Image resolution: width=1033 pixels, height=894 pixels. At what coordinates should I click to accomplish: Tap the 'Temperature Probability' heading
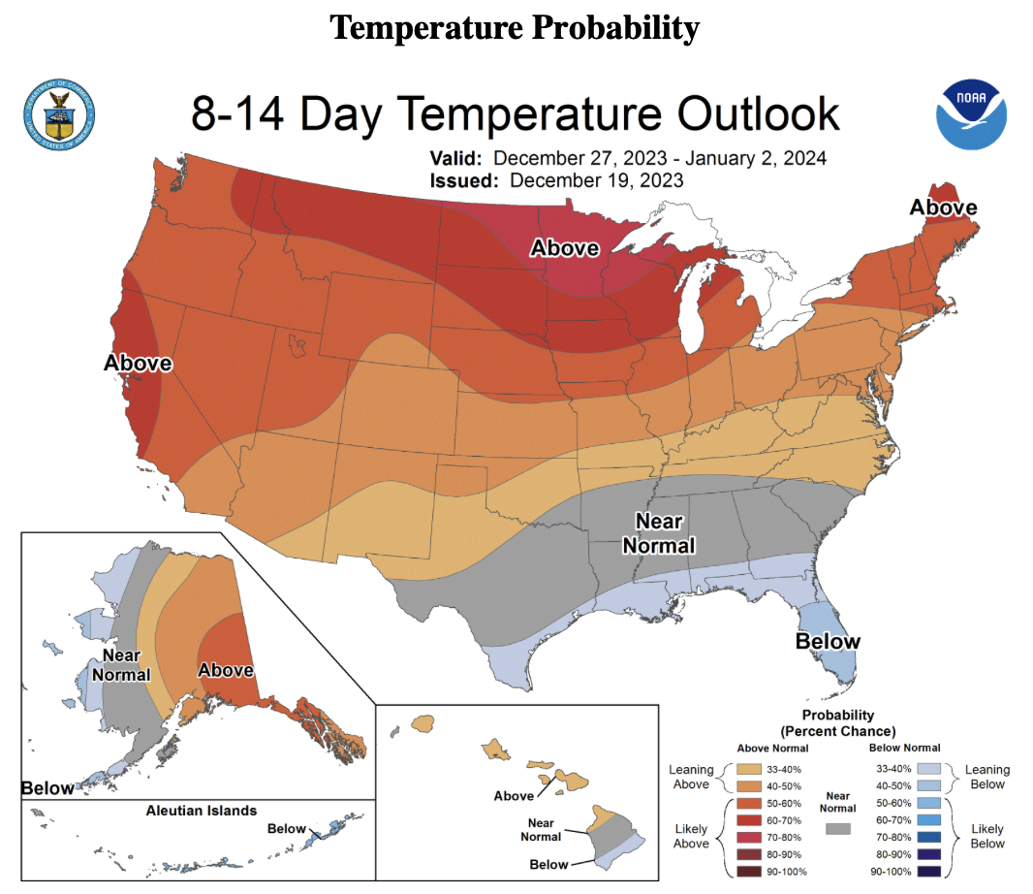pyautogui.click(x=515, y=28)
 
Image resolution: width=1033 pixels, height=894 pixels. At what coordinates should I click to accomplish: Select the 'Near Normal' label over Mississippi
pyautogui.click(x=659, y=532)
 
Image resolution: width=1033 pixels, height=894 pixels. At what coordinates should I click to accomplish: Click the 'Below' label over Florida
pyautogui.click(x=828, y=641)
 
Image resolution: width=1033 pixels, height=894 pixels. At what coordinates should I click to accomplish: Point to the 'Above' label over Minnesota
pyautogui.click(x=564, y=248)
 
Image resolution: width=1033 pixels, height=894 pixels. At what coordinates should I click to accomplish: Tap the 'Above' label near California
pyautogui.click(x=138, y=364)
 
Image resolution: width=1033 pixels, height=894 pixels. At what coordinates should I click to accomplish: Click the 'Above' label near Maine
pyautogui.click(x=943, y=208)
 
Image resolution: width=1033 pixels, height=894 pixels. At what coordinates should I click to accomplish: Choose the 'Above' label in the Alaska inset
pyautogui.click(x=226, y=670)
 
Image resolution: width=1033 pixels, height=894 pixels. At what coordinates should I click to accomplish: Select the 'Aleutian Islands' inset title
pyautogui.click(x=202, y=810)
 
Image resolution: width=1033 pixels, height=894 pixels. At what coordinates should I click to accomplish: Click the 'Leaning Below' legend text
pyautogui.click(x=986, y=777)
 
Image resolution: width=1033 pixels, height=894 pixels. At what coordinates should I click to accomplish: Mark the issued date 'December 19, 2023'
pyautogui.click(x=596, y=180)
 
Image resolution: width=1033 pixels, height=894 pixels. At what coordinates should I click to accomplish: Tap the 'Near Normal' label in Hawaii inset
pyautogui.click(x=541, y=829)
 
